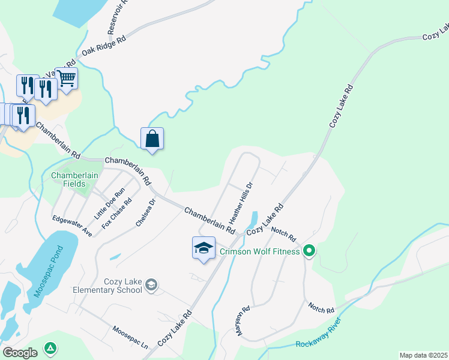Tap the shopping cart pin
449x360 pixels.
67,77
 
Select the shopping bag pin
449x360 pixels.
152,139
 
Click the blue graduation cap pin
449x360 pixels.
203,248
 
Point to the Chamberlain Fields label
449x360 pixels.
68,179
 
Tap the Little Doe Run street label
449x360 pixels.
109,203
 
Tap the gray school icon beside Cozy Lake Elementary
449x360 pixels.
151,285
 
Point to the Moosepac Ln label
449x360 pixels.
130,338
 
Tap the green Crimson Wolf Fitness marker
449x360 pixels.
309,250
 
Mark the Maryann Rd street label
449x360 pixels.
241,321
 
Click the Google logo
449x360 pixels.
20,353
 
